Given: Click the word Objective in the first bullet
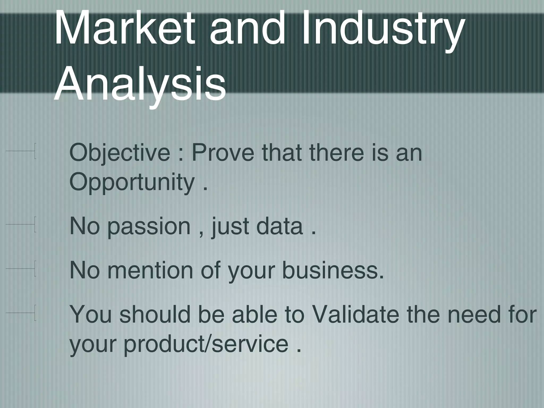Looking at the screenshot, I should coord(120,154).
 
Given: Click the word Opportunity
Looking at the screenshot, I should coord(132,183).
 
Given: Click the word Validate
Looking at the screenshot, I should coord(356,314).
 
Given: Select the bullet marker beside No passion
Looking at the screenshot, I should coord(21,224).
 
